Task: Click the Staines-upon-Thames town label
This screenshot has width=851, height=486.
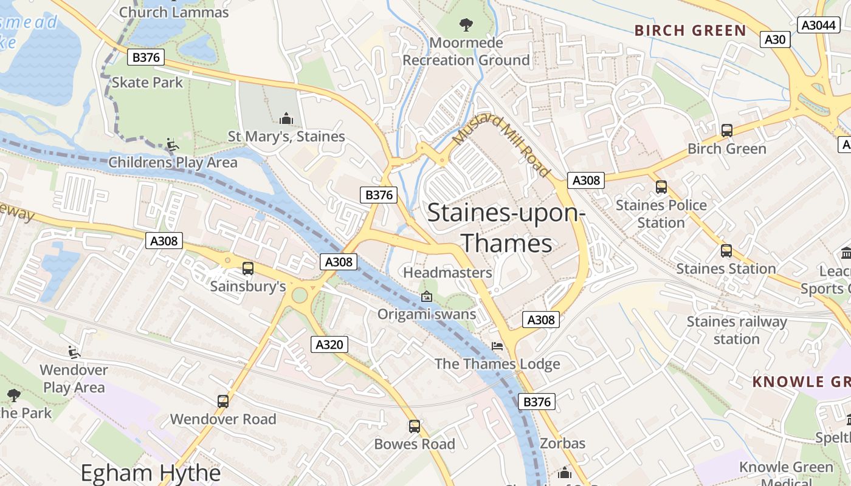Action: (506, 228)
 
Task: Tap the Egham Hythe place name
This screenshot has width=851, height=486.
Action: (150, 473)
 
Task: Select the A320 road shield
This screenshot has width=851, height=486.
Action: (330, 344)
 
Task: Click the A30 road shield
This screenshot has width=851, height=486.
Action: (774, 39)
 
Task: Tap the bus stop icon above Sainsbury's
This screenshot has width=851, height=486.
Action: (247, 268)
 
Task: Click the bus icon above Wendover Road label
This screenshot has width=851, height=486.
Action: (223, 401)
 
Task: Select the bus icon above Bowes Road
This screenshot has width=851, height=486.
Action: (414, 426)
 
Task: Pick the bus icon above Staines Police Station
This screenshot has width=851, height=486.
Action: (661, 187)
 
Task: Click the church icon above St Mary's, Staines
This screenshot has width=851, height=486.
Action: (286, 118)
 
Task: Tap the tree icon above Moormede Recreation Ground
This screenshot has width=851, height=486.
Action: (466, 25)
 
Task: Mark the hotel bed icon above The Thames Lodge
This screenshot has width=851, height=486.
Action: (497, 346)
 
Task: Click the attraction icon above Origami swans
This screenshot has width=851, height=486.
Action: (427, 296)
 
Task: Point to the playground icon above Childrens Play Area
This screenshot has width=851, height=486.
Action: (173, 145)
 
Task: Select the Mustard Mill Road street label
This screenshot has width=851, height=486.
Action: (501, 146)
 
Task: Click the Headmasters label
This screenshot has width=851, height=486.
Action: (447, 273)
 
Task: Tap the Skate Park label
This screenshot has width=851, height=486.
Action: (147, 82)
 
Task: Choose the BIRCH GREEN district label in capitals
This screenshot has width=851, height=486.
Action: (690, 30)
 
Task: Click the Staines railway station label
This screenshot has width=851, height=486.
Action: (737, 330)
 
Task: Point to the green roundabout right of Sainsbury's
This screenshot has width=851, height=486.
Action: (300, 295)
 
